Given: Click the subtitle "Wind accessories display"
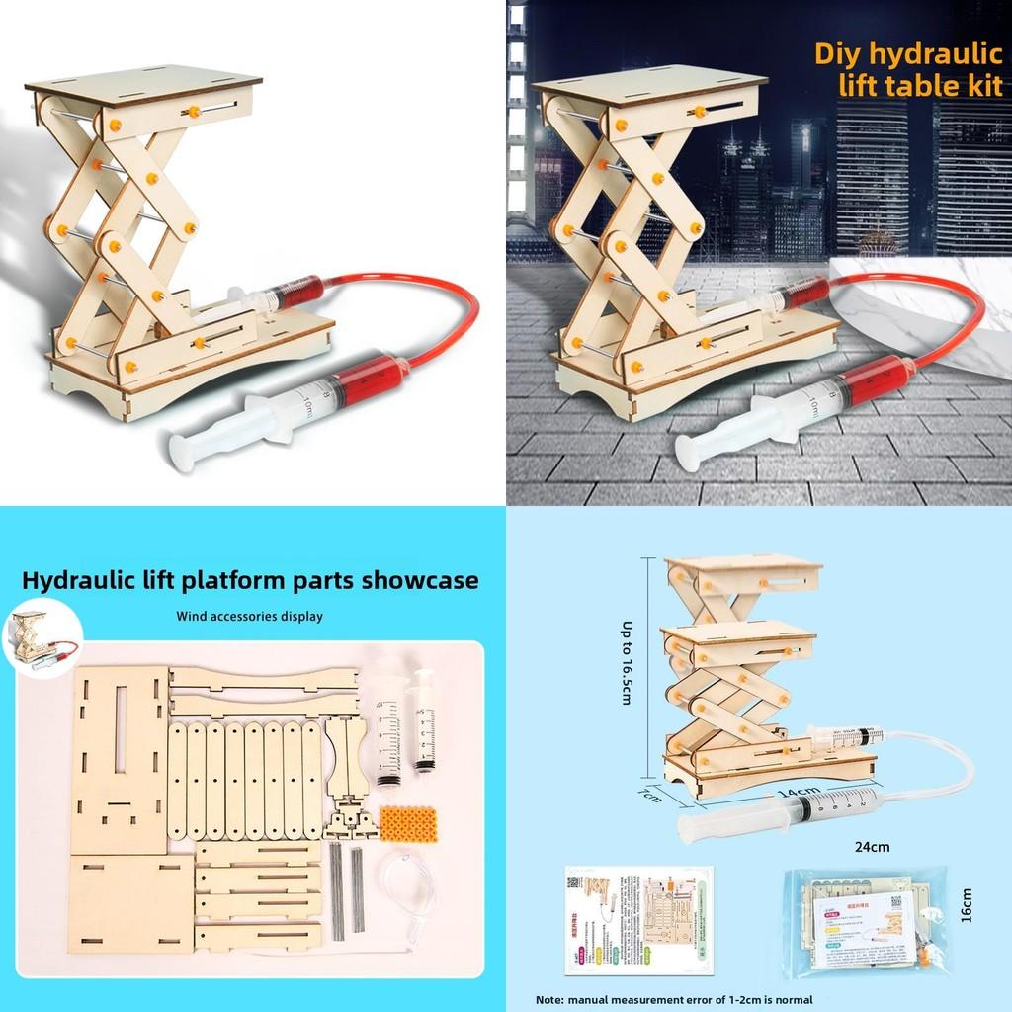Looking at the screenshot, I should (249, 616).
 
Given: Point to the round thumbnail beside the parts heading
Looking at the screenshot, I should (41, 642).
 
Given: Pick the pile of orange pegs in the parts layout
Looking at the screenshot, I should (407, 821).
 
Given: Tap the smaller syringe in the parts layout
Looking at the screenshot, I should (424, 719).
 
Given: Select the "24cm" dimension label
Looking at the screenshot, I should (872, 846).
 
